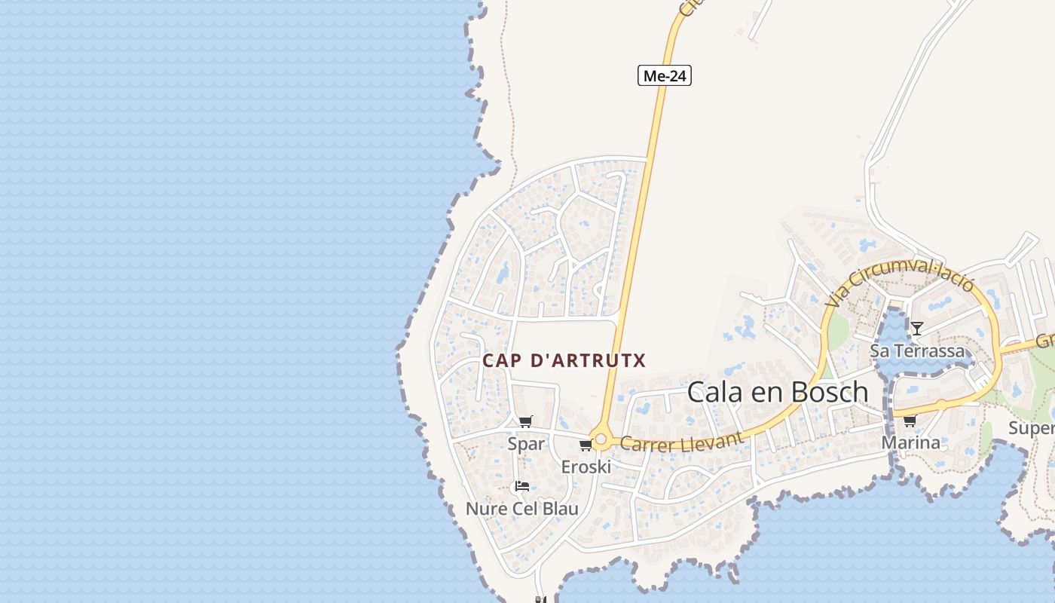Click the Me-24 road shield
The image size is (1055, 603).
coord(664,75)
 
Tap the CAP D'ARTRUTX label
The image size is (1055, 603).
coord(564,360)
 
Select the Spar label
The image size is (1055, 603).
coord(526,444)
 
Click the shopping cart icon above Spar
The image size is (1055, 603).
coord(526,421)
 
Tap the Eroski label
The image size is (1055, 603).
coord(586,467)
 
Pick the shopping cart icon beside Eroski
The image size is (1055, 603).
coord(585,445)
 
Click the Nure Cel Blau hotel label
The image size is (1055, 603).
coord(522,509)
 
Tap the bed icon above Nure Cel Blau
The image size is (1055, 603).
coord(521,486)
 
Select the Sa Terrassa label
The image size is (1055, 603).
coord(917,351)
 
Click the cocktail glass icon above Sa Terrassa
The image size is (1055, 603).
coord(917,328)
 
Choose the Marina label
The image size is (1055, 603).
coord(910,443)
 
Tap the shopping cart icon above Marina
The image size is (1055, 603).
coord(910,421)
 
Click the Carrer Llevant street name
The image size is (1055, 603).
coord(682,442)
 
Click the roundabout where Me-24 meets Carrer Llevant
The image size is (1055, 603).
coord(601,438)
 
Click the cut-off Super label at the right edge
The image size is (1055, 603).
coord(1032,429)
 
